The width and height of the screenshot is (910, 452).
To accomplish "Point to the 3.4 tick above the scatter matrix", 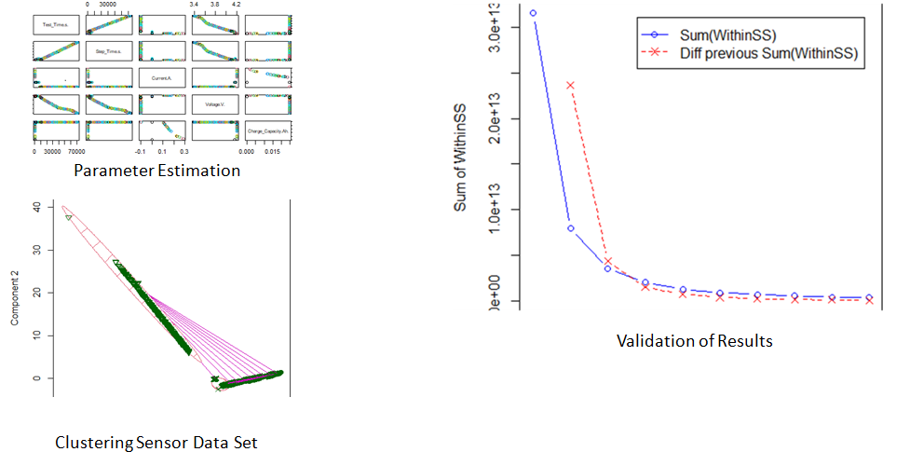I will (194, 4).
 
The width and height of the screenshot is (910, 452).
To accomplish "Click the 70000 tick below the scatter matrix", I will (74, 152).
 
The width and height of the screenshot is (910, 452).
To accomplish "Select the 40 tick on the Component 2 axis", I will (36, 206).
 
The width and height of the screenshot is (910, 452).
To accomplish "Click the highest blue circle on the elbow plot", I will (533, 13).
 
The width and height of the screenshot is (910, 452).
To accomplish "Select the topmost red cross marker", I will (570, 85).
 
